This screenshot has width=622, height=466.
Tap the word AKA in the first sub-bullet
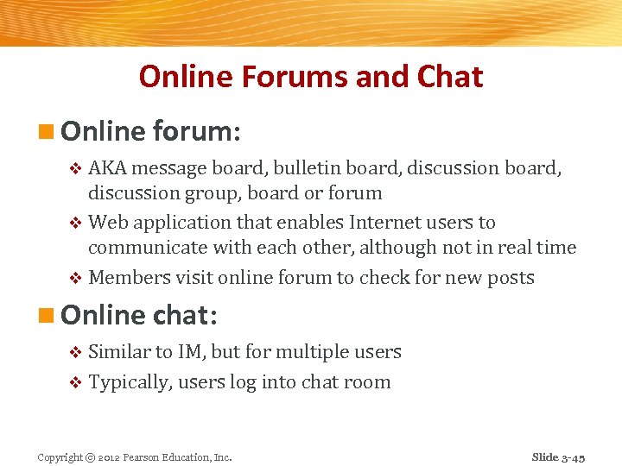[x=106, y=168]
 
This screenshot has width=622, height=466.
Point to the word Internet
[x=384, y=223]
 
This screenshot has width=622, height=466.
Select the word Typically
[x=130, y=382]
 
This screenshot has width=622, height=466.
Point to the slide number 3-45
[x=571, y=457]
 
